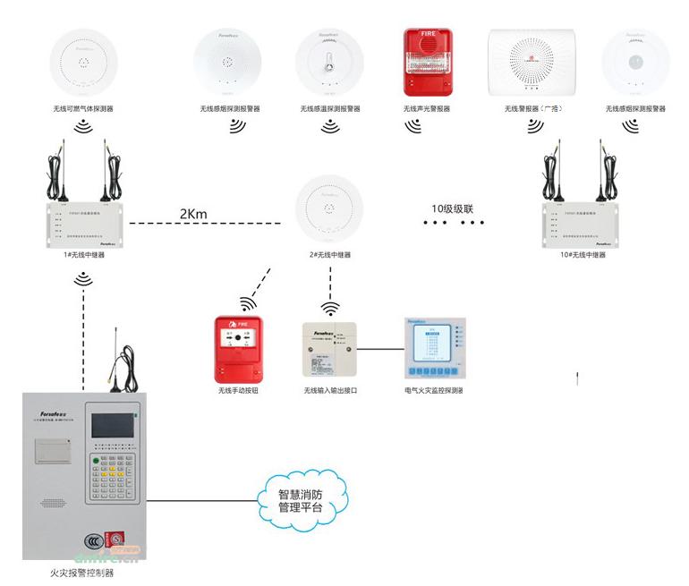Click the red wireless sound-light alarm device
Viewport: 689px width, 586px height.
coord(426,64)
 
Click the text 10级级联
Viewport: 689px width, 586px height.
coord(452,209)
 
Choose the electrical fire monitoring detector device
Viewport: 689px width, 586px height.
coord(434,350)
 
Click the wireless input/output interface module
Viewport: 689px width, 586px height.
coord(330,351)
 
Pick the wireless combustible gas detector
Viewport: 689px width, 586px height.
coord(83,64)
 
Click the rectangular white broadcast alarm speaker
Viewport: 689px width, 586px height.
coord(530,64)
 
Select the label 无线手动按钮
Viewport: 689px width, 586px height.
coord(237,391)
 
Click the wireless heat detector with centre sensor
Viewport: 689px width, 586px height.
coord(329,64)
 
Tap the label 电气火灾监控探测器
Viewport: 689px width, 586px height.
coord(434,391)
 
